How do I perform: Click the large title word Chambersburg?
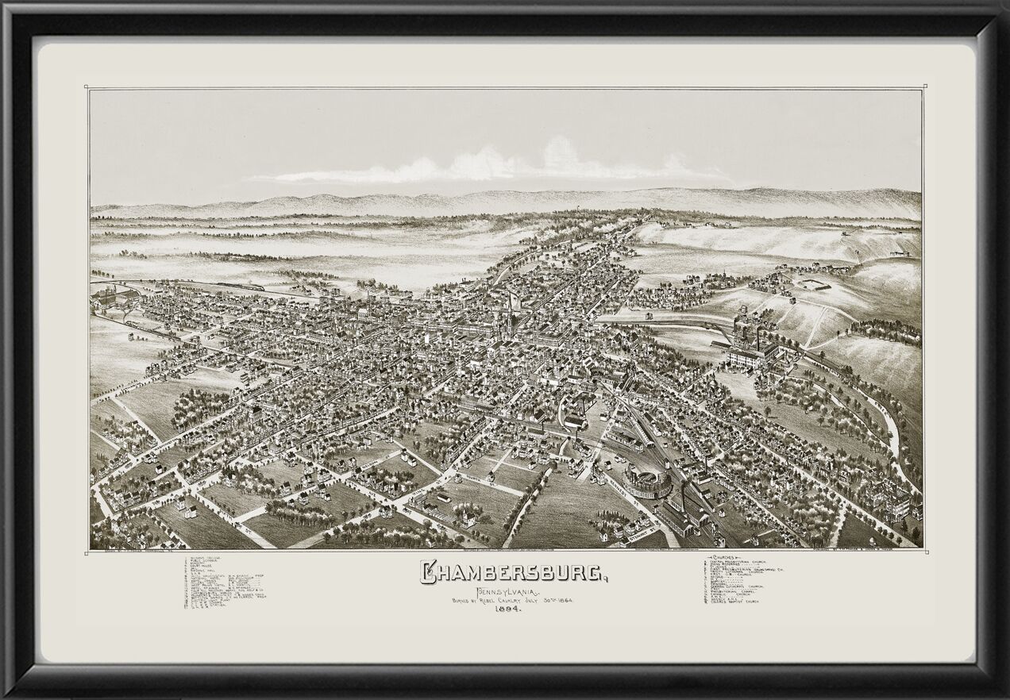[x=512, y=572]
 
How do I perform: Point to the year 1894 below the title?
[x=505, y=609]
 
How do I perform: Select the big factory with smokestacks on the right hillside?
[x=750, y=345]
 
